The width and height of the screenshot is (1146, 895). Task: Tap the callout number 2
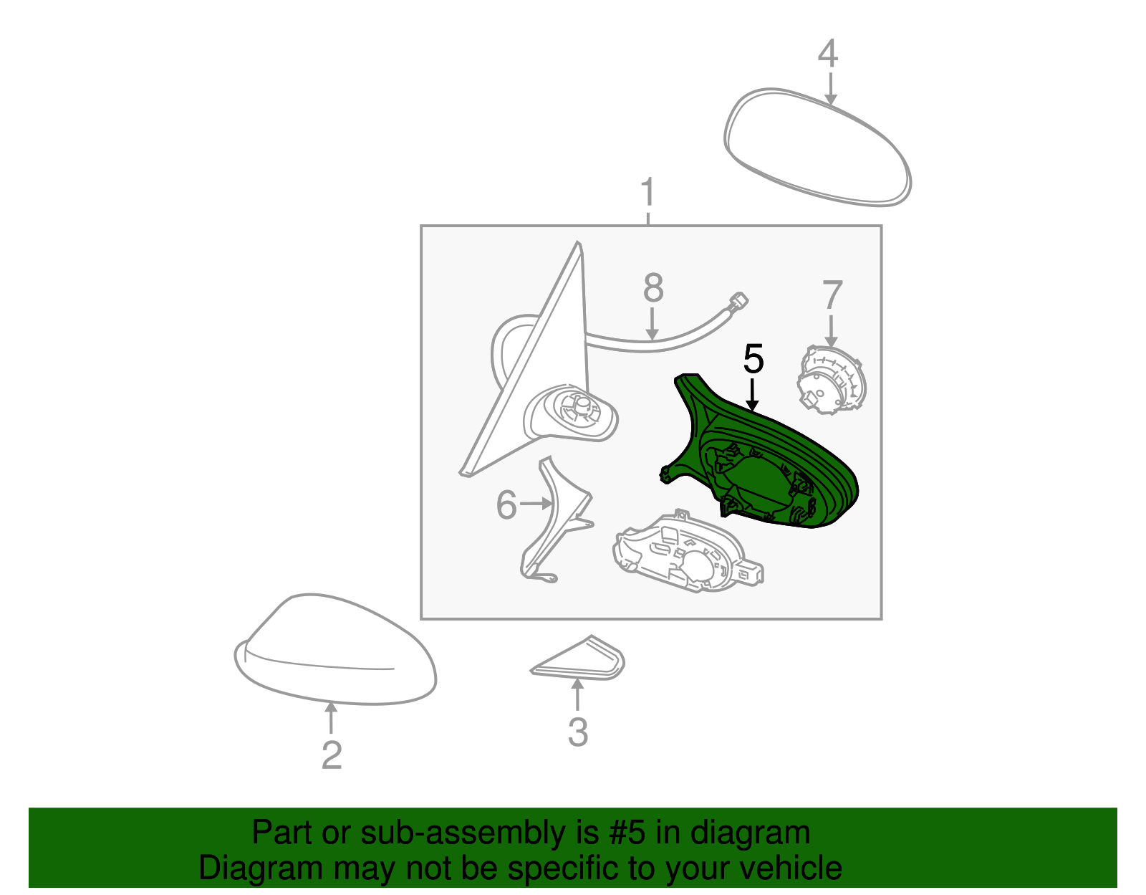(332, 755)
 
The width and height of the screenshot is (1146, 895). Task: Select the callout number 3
(578, 732)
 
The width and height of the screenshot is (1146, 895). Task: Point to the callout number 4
(828, 53)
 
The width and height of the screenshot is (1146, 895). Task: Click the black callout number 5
(753, 359)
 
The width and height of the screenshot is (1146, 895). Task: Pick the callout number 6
(506, 504)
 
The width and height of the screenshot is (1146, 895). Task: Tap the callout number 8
(653, 288)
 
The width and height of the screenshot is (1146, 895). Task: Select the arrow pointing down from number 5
(753, 395)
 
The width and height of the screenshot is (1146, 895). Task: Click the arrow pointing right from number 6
(535, 504)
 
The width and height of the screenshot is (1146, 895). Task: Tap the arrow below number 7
(831, 330)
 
